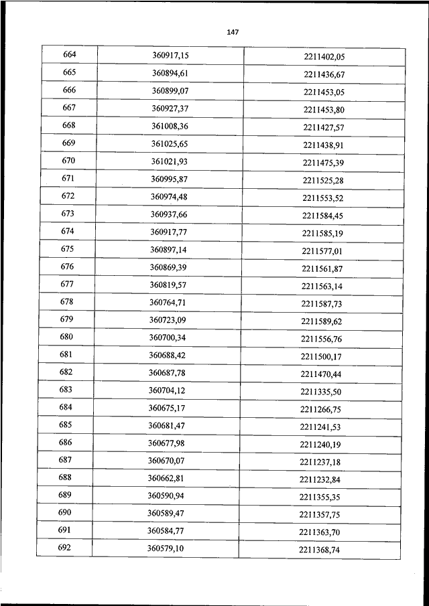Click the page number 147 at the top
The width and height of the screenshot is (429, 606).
[x=233, y=32]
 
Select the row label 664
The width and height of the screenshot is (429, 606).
[x=70, y=54]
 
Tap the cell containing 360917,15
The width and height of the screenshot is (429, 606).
[x=170, y=55]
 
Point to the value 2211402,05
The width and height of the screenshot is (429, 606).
[x=324, y=57]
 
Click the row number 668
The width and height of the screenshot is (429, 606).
[x=69, y=125]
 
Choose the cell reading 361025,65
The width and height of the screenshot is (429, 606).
[x=169, y=143]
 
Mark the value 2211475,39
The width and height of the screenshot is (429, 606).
[x=322, y=163]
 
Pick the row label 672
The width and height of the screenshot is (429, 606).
[x=68, y=196]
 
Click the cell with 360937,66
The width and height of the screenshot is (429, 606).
[x=168, y=214]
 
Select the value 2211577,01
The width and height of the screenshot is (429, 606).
[x=322, y=251]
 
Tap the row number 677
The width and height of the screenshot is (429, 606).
[x=67, y=284]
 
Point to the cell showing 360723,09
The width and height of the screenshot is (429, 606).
[x=167, y=320]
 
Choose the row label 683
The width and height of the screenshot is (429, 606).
[x=66, y=390]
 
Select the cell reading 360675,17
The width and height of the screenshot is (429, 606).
[x=166, y=408]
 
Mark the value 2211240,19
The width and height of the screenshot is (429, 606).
[x=320, y=445]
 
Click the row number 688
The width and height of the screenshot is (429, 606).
[x=65, y=477]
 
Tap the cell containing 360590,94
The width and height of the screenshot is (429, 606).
[x=166, y=496]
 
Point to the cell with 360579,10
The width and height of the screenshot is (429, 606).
[x=165, y=549]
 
